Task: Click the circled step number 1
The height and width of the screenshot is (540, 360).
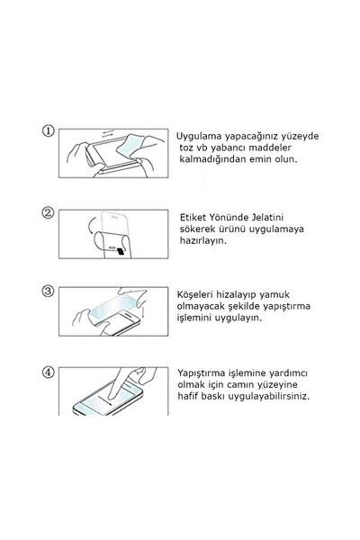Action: click(49, 131)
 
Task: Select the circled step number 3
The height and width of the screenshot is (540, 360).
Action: click(49, 292)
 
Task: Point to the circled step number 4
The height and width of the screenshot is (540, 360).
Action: click(49, 372)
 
